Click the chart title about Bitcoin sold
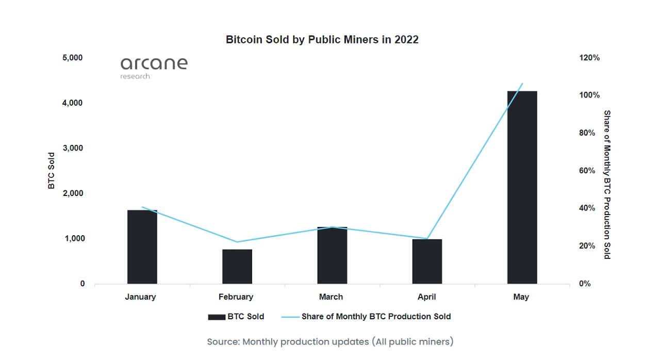322,40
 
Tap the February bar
237,267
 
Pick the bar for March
332,255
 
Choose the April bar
427,261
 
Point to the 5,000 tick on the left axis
73,58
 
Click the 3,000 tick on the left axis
73,148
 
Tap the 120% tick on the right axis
590,58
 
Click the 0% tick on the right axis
585,284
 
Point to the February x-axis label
236,297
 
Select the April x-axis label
427,297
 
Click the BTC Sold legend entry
236,317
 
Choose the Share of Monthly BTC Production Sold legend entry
367,317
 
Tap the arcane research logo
154,68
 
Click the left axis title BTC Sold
52,171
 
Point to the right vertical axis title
607,185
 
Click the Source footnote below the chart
330,341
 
